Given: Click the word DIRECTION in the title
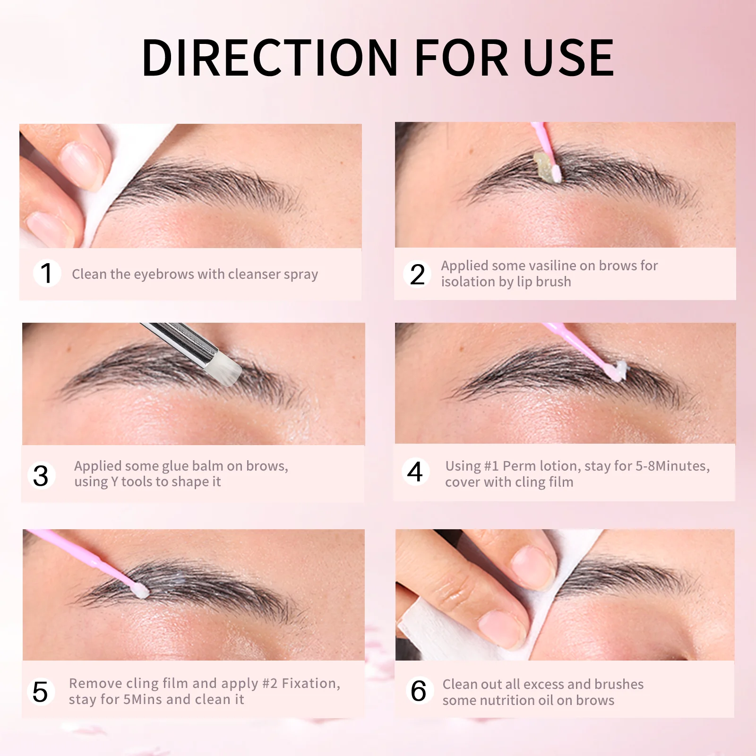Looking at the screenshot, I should [x=270, y=58].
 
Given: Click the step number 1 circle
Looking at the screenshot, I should [x=47, y=273].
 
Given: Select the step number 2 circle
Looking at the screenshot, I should [x=417, y=275].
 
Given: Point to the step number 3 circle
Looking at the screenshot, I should [x=41, y=475].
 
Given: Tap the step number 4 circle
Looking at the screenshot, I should [x=415, y=472].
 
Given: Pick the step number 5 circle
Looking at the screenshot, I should [x=41, y=692].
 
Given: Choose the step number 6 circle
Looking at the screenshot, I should [x=419, y=691].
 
